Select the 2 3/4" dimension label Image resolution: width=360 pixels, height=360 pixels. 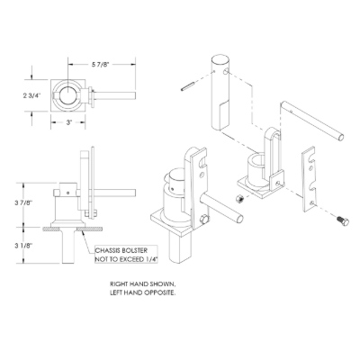pyautogui.click(x=31, y=95)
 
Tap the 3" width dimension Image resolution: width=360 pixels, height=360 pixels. pyautogui.click(x=69, y=122)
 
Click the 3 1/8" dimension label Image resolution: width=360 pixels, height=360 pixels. pyautogui.click(x=24, y=246)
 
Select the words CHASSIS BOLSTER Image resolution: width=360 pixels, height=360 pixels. pyautogui.click(x=121, y=250)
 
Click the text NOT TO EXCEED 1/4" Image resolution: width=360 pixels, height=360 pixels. pyautogui.click(x=126, y=259)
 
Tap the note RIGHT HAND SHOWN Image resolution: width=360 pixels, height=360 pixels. pyautogui.click(x=141, y=283)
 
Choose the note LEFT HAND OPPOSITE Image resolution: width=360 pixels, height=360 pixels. pyautogui.click(x=142, y=292)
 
